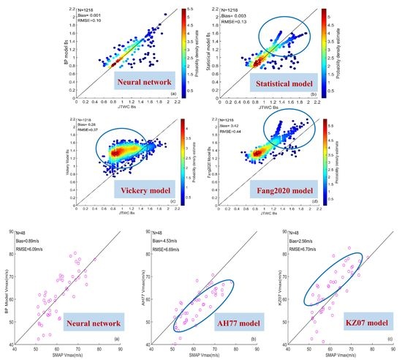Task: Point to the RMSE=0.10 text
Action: pyautogui.click(x=96, y=21)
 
